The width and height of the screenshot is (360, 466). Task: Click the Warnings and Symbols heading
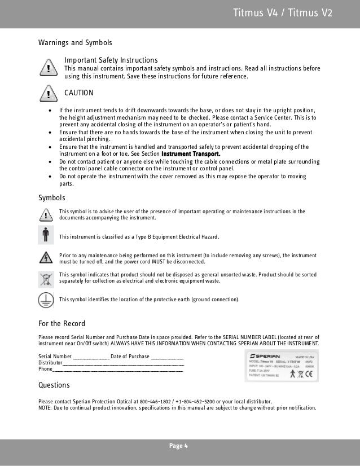coord(74,43)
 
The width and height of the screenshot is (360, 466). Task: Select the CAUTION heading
coord(79,93)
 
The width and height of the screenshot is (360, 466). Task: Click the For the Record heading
coord(62,323)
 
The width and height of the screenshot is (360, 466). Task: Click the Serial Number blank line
coord(91,357)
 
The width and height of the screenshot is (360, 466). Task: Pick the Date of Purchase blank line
coord(168,357)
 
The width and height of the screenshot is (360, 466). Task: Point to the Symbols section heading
coord(51,198)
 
